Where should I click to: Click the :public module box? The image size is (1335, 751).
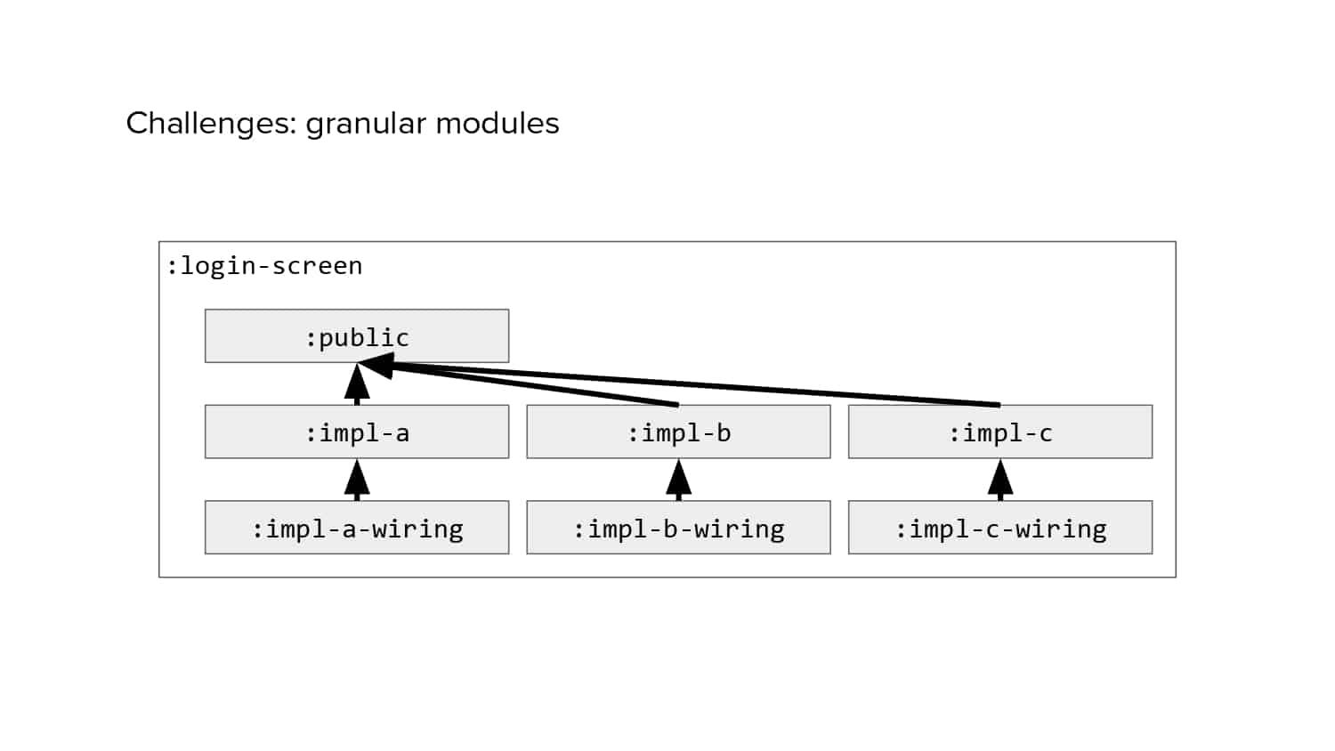click(357, 336)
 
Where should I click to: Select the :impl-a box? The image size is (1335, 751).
click(357, 432)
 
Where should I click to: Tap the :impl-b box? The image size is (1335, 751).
click(679, 432)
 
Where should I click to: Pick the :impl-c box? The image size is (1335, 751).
click(1000, 432)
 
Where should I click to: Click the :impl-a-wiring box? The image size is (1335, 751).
click(357, 528)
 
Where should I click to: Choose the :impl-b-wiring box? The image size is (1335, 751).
click(679, 528)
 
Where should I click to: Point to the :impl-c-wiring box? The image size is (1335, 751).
click(1000, 528)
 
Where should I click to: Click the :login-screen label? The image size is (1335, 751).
click(264, 266)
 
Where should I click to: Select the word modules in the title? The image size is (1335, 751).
click(498, 124)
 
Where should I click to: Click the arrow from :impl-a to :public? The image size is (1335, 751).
click(357, 384)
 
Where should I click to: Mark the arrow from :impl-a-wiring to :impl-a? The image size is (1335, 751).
click(357, 480)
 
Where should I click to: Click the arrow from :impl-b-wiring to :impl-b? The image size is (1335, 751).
click(679, 480)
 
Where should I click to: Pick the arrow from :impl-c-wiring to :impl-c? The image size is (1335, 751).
click(1000, 480)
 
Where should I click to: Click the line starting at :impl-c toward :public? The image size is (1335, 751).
click(679, 384)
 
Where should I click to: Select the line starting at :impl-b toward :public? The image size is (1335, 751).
click(518, 384)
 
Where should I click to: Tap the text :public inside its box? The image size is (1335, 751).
click(357, 338)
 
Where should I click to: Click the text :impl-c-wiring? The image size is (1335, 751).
click(1001, 529)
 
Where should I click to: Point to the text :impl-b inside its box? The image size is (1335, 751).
click(679, 433)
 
